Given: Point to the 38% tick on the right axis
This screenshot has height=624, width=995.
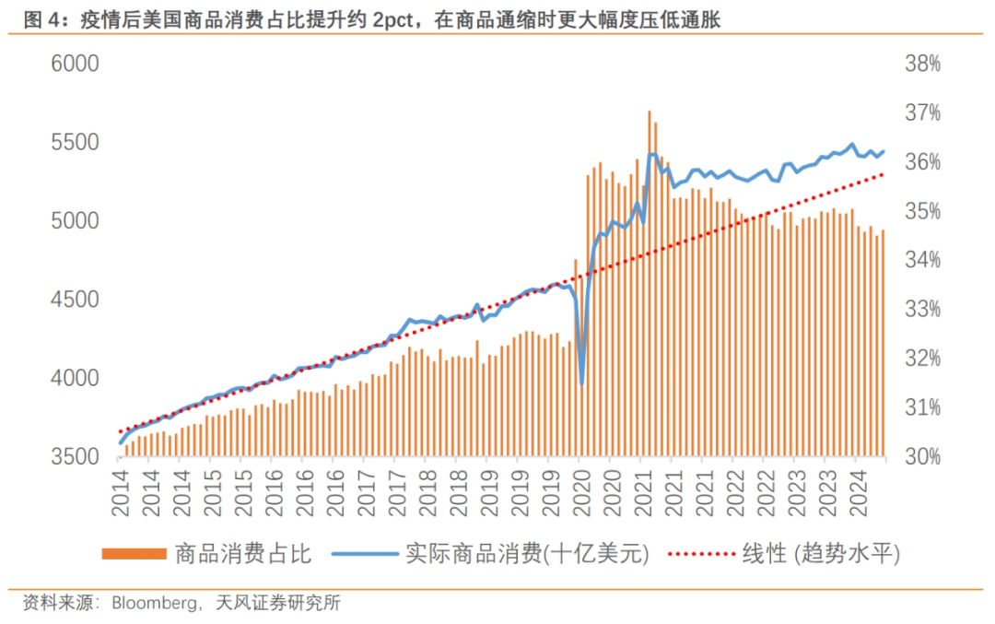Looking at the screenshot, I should tap(923, 65).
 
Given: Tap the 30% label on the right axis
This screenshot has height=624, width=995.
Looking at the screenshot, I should tap(923, 457).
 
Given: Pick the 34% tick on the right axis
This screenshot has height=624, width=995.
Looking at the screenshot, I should tap(923, 261).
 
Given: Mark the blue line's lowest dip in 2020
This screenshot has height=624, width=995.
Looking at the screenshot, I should tap(581, 383).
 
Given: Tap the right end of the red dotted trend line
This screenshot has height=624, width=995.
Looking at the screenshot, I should tap(883, 174).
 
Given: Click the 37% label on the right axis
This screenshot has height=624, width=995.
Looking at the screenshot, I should tap(923, 113).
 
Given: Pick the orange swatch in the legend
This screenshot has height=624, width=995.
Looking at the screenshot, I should tap(133, 554).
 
